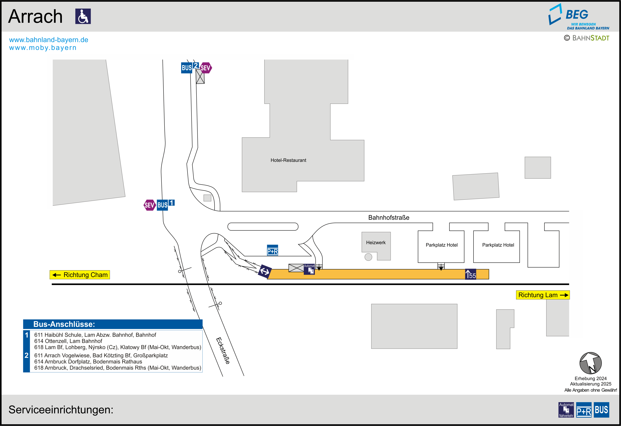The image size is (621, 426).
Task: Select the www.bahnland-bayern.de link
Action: point(48,40)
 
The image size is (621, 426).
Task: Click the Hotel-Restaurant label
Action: point(288,160)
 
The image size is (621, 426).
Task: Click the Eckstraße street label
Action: point(223,350)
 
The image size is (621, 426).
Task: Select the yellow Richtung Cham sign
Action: point(80,275)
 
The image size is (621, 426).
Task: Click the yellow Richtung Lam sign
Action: point(542,295)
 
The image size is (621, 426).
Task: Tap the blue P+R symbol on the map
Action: point(273,250)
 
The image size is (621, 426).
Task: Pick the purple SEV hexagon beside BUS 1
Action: point(149,205)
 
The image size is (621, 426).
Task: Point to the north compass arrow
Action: point(590,363)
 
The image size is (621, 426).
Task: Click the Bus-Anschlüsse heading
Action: point(64,324)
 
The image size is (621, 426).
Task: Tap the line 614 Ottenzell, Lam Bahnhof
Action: point(68,341)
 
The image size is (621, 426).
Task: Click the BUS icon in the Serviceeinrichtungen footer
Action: point(601,410)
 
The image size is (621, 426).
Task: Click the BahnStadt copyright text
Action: point(587,38)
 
